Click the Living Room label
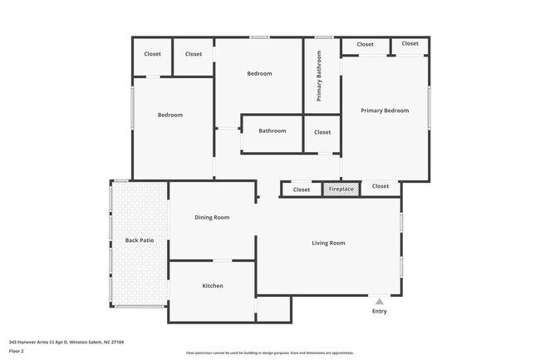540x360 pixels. click(x=328, y=243)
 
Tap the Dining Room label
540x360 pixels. click(x=212, y=217)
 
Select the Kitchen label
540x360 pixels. click(x=213, y=286)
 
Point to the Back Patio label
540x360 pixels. click(x=140, y=240)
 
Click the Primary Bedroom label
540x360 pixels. click(x=385, y=111)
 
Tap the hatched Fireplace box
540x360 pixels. click(x=341, y=190)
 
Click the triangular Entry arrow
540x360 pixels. click(x=379, y=302)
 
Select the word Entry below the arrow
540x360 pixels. click(x=379, y=312)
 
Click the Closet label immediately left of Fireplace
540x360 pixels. click(x=301, y=190)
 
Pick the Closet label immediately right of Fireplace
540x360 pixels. click(x=380, y=186)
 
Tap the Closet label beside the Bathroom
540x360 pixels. click(x=322, y=132)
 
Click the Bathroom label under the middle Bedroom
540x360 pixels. click(x=272, y=131)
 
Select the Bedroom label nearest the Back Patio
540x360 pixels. click(x=170, y=115)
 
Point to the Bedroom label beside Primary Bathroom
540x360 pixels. click(x=259, y=74)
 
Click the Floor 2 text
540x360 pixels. click(x=17, y=351)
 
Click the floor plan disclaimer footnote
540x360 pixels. click(x=269, y=353)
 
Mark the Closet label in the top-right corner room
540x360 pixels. click(x=410, y=43)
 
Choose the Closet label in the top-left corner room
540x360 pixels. click(x=153, y=54)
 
